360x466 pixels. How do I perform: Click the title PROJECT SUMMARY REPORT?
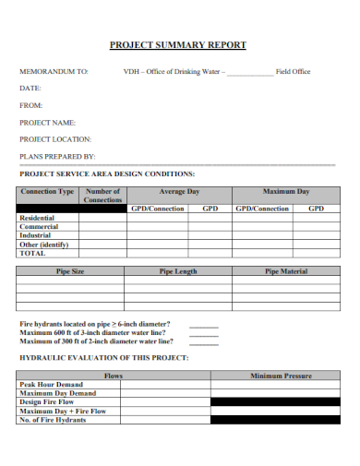(178, 44)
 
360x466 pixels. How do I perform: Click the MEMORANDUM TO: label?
(54, 71)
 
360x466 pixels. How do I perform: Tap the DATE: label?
(30, 88)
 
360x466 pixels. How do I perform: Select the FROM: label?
(31, 105)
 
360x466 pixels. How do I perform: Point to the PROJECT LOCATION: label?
(56, 139)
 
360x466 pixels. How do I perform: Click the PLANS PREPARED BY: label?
(57, 156)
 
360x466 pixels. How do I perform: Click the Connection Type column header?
(47, 192)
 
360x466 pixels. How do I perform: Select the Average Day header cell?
(179, 192)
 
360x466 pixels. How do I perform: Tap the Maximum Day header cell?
(285, 192)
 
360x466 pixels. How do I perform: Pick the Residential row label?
(37, 218)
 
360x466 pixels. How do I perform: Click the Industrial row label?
(36, 235)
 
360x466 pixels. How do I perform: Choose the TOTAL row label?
(32, 253)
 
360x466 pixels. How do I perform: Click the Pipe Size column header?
(70, 271)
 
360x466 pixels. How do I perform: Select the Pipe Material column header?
(286, 271)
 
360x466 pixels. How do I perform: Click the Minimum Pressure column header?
(281, 376)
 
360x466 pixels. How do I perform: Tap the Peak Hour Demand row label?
(51, 384)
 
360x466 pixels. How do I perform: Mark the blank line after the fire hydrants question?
(204, 325)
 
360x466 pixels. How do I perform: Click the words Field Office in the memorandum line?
(294, 71)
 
